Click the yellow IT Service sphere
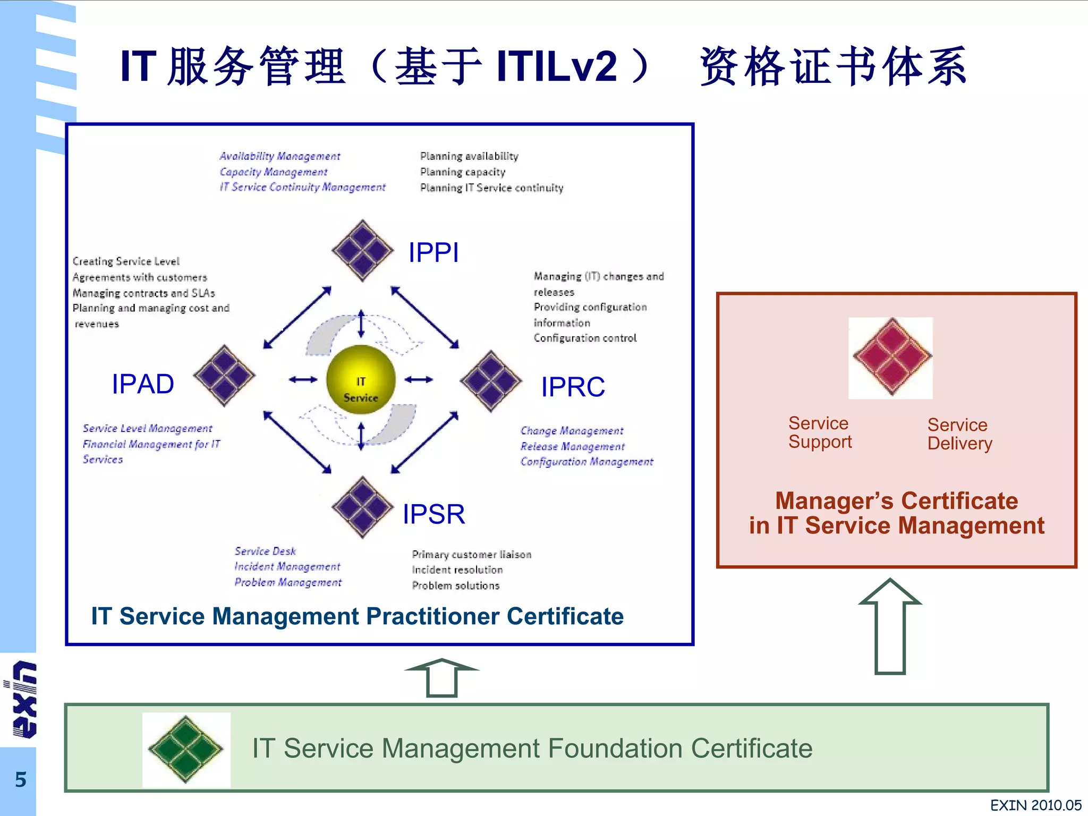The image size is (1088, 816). point(361,380)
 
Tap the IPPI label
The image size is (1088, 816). point(433,252)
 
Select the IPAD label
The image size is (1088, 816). point(143,384)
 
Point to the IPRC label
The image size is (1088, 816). point(573,387)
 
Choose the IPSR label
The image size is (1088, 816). point(433,514)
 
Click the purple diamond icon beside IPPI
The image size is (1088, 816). point(362,250)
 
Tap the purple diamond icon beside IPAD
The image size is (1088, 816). point(224,376)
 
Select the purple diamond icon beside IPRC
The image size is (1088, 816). point(491,381)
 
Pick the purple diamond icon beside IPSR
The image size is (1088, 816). point(362,507)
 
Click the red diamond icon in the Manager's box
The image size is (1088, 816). point(892,357)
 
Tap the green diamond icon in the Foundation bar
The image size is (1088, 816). point(186,749)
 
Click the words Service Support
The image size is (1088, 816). point(820,432)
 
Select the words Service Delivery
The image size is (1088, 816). point(959,434)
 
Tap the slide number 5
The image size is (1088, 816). point(20,780)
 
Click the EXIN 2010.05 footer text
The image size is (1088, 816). point(1035,805)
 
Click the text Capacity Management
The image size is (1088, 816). point(274,172)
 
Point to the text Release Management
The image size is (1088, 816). point(572,446)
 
